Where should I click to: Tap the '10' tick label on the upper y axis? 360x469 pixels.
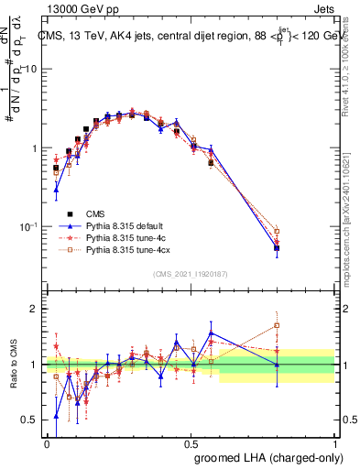pos(30,70)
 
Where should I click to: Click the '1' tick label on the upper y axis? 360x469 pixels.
pos(34,148)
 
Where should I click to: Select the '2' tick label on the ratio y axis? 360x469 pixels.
pos(34,310)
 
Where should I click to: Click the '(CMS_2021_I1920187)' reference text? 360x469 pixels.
pos(190,275)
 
